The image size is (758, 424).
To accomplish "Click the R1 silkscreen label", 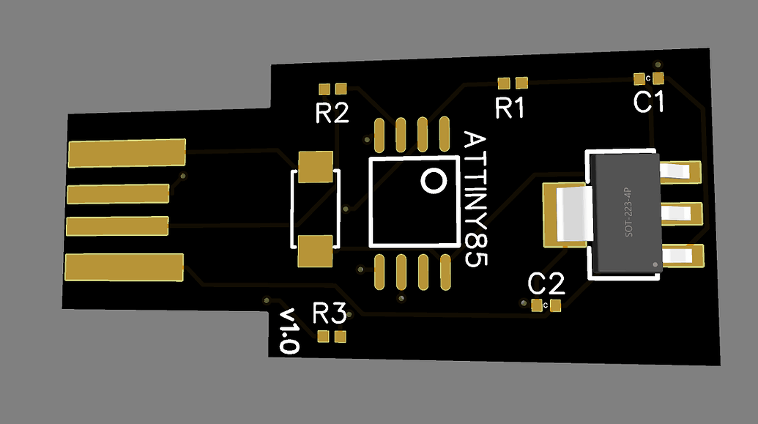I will tap(510, 108).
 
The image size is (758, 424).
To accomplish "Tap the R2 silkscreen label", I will tap(332, 114).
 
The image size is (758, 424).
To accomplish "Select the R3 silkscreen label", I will tap(329, 314).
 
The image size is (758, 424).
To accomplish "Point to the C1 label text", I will tap(649, 103).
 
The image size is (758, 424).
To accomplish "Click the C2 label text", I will tap(546, 283).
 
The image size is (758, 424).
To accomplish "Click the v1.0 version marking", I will tap(289, 332).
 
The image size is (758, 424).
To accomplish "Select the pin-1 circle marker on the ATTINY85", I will tap(432, 180).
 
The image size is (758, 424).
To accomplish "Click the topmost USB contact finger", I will tap(127, 152).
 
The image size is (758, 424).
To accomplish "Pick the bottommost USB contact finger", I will tap(124, 267).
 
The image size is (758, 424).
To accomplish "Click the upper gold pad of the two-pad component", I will tap(316, 166).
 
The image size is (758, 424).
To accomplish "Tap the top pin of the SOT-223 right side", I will tap(680, 171).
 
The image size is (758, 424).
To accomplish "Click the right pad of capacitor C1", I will tap(658, 78).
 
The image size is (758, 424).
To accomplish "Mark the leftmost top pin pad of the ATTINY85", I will tap(379, 133).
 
